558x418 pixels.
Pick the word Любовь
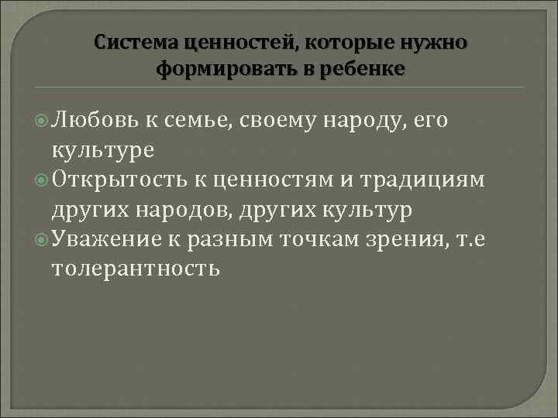[x=94, y=121]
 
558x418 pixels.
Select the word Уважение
[x=106, y=238]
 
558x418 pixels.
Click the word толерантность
[x=136, y=268]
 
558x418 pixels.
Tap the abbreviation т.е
[x=494, y=238]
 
